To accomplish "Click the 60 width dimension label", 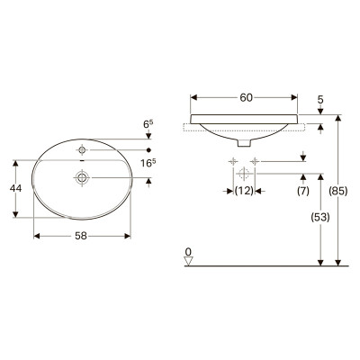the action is (x=246, y=97).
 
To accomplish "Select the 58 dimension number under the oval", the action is (x=81, y=236).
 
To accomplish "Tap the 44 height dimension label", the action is (x=15, y=188).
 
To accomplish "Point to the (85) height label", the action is (x=338, y=191).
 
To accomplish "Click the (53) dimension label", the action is (x=320, y=217).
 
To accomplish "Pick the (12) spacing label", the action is (x=244, y=191).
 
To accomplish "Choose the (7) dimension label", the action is (x=303, y=191).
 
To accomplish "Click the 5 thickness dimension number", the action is (x=320, y=99).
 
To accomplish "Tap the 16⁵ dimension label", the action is (x=148, y=163).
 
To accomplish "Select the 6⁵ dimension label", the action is (x=147, y=124).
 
